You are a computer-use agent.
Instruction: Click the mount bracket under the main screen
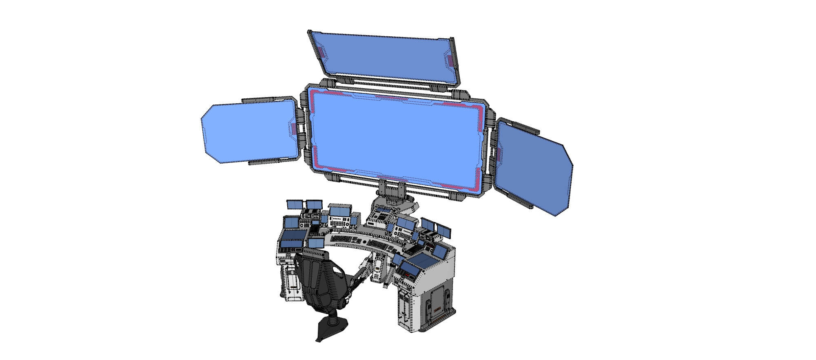pos(392,192)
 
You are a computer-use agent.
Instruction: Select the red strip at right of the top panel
pos(450,60)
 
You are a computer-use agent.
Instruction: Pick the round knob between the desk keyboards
pos(364,242)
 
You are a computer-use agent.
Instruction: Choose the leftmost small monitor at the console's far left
pos(294,204)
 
